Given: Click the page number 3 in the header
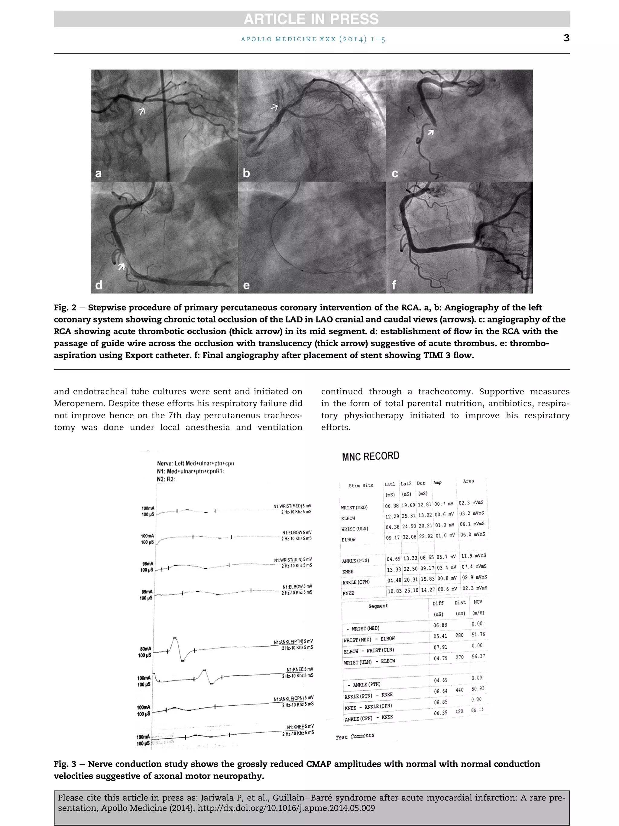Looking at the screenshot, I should click(x=566, y=38).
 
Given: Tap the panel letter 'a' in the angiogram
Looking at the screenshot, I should click(x=99, y=174).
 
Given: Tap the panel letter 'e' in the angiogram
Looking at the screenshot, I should click(x=246, y=286).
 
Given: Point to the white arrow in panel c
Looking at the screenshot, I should click(x=431, y=132).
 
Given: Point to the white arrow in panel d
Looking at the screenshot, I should click(x=121, y=266).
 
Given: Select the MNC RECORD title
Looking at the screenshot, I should click(x=371, y=456).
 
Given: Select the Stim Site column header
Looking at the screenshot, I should click(x=361, y=485).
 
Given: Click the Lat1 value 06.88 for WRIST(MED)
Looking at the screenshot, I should click(x=391, y=506).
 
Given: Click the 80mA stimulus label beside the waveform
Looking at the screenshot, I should click(x=145, y=649).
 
